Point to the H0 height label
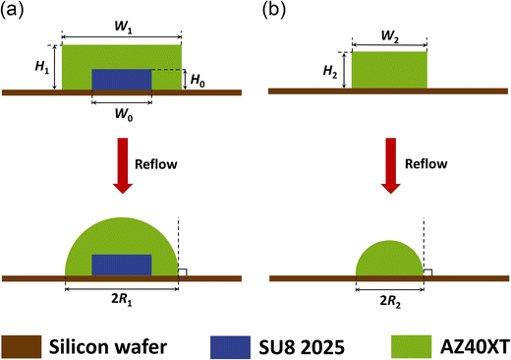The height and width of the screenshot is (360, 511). click(196, 80)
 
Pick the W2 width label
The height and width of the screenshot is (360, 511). click(389, 31)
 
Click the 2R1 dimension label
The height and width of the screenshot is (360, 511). click(121, 298)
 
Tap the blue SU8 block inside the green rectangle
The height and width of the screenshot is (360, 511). click(121, 80)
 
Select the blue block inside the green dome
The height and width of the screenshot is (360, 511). click(121, 265)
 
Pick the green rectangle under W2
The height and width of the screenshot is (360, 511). click(389, 71)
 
